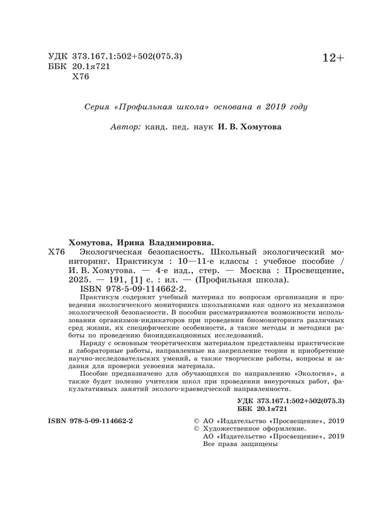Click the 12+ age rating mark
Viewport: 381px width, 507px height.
tap(334, 58)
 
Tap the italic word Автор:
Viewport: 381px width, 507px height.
tap(125, 127)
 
